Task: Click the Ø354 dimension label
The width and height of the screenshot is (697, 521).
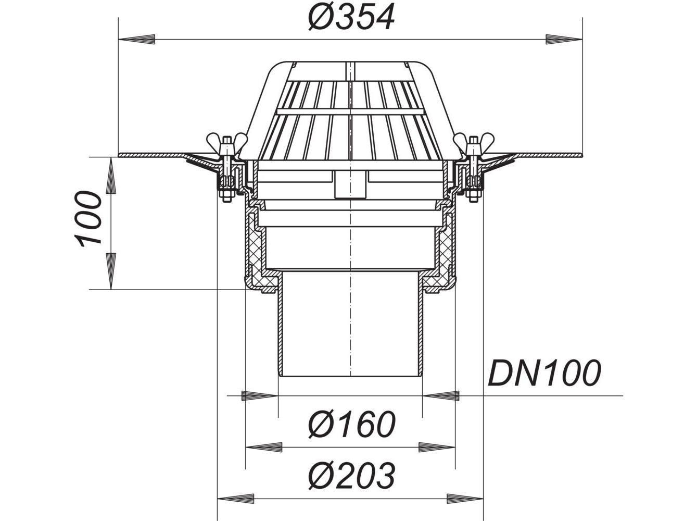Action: (351, 17)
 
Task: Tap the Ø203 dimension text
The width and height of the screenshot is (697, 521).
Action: (351, 475)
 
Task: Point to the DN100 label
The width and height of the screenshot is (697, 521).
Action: (544, 373)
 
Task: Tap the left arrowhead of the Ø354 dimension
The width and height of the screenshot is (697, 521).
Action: (137, 39)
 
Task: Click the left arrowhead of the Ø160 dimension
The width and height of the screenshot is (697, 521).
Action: (263, 447)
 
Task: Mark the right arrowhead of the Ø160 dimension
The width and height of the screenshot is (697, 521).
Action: (437, 447)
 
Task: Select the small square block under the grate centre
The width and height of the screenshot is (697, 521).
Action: (344, 185)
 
